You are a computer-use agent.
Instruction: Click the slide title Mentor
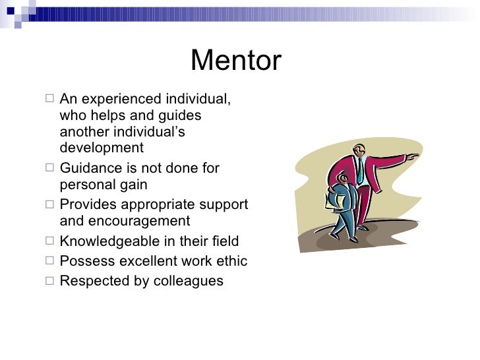tap(235, 61)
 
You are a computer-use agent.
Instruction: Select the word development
tap(101, 147)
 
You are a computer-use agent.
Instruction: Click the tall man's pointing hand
tap(413, 157)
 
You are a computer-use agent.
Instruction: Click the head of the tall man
tap(358, 150)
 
